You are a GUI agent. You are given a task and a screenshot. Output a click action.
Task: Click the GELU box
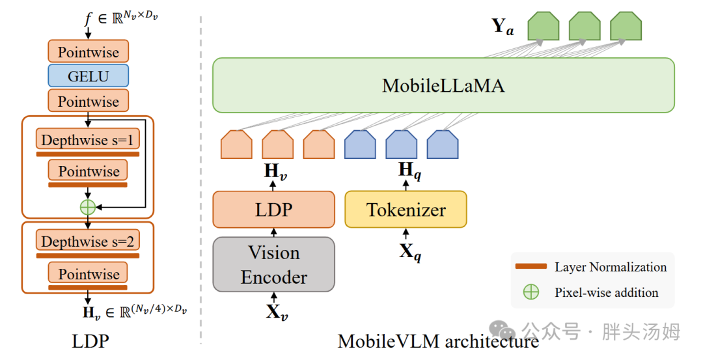[89, 76]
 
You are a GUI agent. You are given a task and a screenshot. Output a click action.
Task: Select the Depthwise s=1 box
[88, 139]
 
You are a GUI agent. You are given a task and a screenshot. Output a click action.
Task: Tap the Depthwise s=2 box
[88, 241]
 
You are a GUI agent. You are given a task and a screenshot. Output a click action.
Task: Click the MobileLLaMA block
[443, 85]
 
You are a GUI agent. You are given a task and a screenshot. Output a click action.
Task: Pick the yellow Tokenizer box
[406, 210]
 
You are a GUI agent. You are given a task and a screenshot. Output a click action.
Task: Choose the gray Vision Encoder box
[273, 264]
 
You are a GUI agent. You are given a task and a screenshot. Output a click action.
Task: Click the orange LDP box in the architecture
[273, 210]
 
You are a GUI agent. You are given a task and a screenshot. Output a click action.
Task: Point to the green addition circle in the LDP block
[88, 207]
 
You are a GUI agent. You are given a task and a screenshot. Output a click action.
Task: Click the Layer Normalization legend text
[611, 267]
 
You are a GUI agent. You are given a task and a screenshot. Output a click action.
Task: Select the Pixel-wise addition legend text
[607, 292]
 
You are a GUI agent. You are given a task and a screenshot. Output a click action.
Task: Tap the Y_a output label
[503, 27]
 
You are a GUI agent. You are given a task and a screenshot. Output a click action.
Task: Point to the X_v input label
[277, 312]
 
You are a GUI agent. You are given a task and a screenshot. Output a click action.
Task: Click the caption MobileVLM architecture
[438, 341]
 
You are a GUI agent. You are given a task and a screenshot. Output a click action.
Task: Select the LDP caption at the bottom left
[90, 341]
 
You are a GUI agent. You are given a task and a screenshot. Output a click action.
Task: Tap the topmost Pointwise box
[89, 51]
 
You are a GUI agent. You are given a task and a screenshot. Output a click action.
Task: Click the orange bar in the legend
[531, 266]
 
